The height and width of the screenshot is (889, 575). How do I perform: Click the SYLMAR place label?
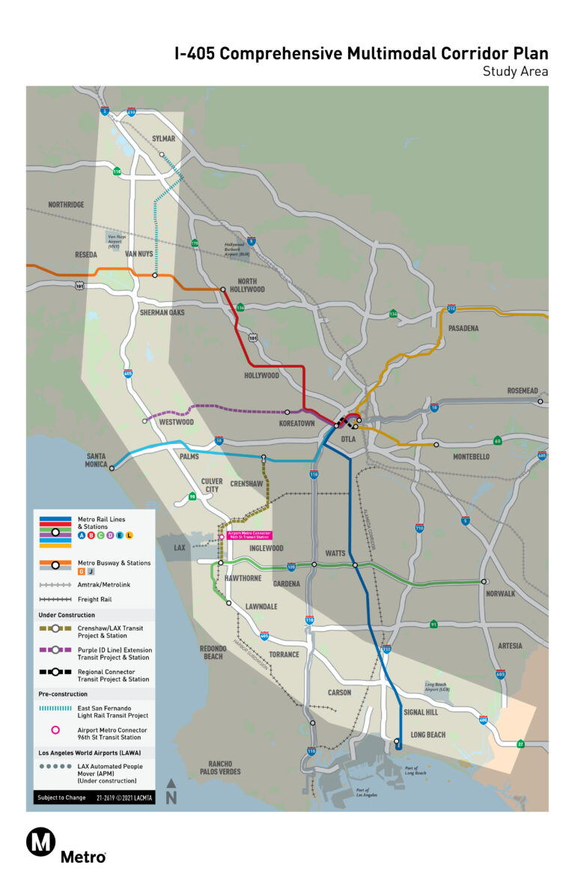coord(162,139)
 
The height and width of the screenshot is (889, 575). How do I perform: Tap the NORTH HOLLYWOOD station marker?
coord(222,289)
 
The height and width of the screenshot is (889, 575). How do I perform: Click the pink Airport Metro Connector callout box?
coord(249,535)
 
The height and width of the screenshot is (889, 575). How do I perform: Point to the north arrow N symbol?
coord(171,792)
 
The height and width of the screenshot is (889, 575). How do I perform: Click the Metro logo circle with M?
coord(41,842)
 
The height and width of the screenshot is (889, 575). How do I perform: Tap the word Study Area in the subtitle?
coord(515,72)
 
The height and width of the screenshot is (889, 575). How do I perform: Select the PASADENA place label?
coord(463,329)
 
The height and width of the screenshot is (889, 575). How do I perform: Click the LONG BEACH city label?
coord(428,735)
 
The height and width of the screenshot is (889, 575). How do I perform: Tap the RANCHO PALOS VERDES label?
coord(219,768)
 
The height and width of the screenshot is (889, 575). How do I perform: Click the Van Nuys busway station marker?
coord(155,276)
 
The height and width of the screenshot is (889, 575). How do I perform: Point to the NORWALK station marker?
coord(484,581)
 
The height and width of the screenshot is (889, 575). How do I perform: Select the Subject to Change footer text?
coord(61,798)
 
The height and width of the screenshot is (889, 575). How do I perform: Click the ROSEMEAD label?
coord(527,391)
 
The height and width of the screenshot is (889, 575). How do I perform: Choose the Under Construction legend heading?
coord(67,615)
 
